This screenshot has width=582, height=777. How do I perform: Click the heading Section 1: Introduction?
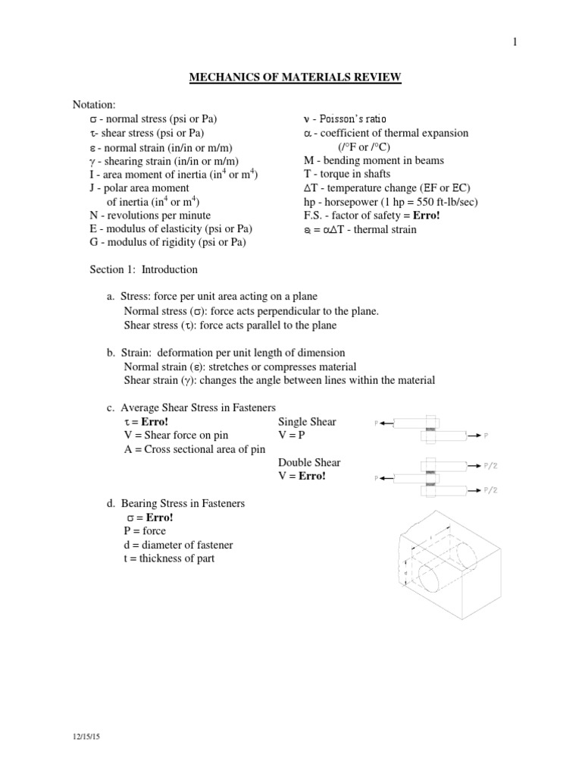point(143,269)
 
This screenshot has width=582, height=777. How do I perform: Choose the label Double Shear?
point(309,463)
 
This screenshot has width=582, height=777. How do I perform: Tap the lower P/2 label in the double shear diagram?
point(491,491)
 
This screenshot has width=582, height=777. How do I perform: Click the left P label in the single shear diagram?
point(377,423)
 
